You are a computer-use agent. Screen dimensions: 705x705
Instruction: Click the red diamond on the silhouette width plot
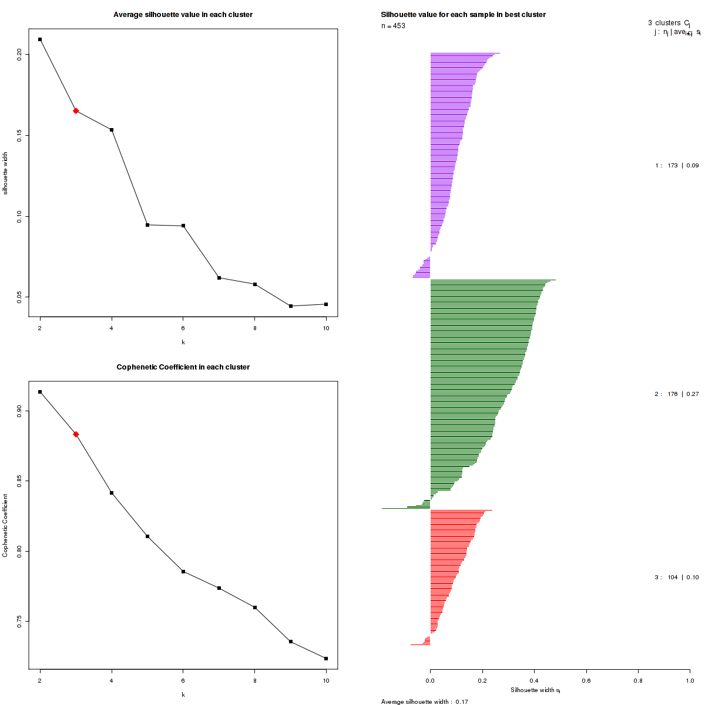pos(76,110)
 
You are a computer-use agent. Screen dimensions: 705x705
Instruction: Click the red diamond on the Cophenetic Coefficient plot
pos(76,434)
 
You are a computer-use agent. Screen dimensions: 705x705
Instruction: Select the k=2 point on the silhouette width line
pos(40,39)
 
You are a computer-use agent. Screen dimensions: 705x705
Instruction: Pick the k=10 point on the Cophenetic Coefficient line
pos(326,659)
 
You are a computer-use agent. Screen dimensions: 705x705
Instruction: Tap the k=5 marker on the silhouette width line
pos(147,225)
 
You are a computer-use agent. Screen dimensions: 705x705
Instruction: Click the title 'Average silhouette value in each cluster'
pos(183,15)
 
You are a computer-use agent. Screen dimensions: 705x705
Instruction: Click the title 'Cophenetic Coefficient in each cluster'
pos(183,367)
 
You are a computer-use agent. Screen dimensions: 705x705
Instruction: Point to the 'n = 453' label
pos(393,26)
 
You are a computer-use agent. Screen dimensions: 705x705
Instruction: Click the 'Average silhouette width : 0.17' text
pos(424,701)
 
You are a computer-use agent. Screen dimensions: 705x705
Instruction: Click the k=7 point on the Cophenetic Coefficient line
pos(219,588)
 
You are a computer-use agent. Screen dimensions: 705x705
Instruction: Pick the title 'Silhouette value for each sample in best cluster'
pos(463,15)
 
